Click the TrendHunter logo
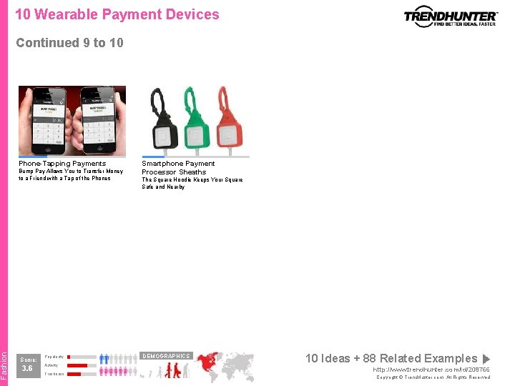[450, 16]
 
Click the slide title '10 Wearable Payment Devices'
[117, 14]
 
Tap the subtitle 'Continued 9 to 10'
[69, 43]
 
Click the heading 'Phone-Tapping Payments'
[62, 164]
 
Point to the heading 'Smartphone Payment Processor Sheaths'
[178, 167]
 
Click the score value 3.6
[27, 369]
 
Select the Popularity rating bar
[82, 356]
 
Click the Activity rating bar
[82, 365]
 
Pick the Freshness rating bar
[82, 374]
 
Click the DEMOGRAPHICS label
[166, 356]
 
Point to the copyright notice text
[433, 377]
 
